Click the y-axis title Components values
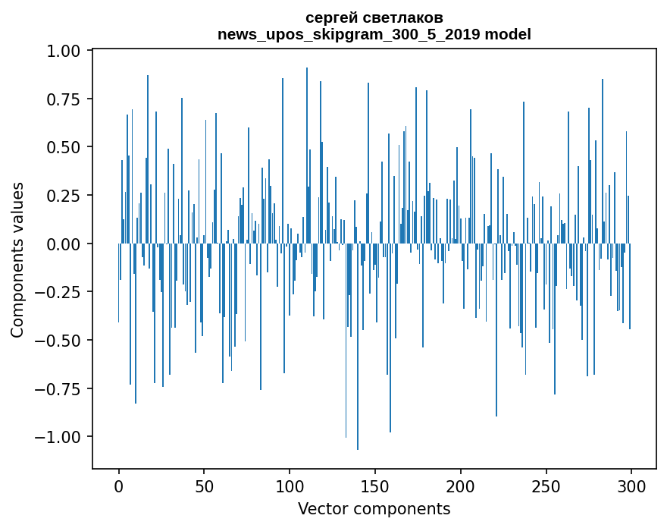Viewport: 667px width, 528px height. pyautogui.click(x=17, y=259)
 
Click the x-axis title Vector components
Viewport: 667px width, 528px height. pyautogui.click(x=374, y=508)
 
